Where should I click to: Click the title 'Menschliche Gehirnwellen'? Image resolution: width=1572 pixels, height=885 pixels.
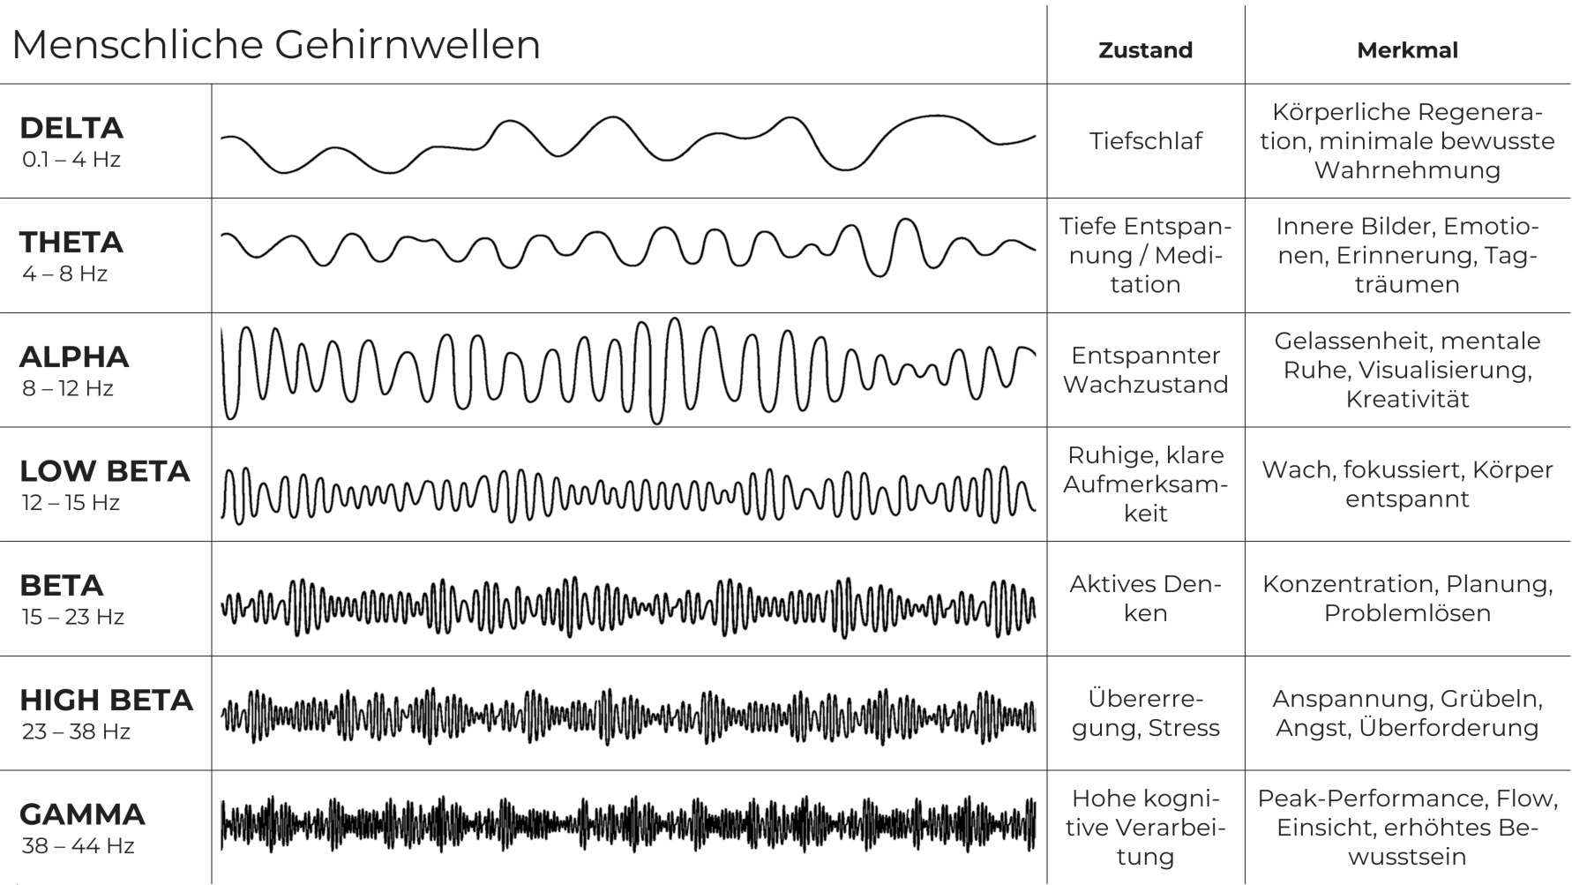click(275, 44)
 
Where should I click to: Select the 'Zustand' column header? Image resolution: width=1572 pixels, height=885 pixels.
click(1145, 50)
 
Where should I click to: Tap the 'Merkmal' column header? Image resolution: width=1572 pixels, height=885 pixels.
click(1407, 50)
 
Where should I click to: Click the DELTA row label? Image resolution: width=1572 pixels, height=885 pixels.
click(71, 128)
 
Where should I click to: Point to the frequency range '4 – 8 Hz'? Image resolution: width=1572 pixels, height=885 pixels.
click(64, 274)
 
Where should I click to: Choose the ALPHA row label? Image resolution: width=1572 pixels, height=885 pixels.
click(74, 356)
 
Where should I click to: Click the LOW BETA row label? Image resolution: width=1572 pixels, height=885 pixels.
click(104, 471)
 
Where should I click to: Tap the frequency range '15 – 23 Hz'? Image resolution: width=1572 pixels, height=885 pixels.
click(72, 617)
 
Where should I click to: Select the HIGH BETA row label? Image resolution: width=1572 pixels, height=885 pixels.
click(106, 700)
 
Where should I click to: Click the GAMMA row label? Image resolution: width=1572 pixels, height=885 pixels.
click(82, 814)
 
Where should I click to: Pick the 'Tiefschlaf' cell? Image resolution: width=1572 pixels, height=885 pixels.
click(1145, 141)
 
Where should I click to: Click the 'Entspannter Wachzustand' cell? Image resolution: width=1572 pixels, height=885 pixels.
click(1145, 370)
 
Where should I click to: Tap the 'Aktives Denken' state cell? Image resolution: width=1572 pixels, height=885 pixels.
click(1145, 598)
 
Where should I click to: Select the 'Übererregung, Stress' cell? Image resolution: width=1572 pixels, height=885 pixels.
click(1145, 713)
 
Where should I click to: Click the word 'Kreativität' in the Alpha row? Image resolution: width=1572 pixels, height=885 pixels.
click(1407, 399)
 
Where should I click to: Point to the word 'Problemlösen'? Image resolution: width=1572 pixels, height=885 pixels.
click(1407, 613)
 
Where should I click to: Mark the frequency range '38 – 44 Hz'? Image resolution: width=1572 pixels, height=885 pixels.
click(78, 845)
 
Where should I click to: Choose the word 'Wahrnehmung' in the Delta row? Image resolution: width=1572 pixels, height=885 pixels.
click(1407, 170)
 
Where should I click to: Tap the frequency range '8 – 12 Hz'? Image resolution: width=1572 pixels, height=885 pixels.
click(67, 388)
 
